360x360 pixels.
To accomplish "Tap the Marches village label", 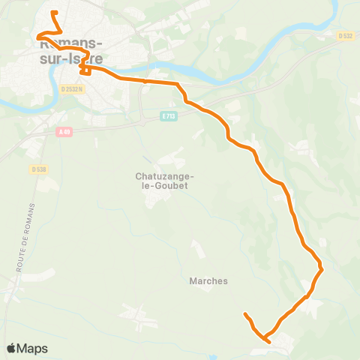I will pos(204,281).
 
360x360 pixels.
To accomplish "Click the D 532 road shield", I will pos(345,35).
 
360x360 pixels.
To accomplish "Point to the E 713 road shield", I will pos(167,116).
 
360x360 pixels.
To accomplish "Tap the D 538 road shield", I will pos(40,169).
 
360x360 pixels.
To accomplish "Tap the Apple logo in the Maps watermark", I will pos(11,348).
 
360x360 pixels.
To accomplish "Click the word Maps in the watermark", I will pos(32,348).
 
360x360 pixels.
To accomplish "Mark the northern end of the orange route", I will pos(52,13).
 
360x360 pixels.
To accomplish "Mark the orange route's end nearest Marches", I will pos(245,313).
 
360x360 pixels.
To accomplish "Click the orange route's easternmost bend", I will pos(321,267).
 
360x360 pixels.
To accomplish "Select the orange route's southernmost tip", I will pos(268,341).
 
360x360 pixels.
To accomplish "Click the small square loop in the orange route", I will pos(85,70).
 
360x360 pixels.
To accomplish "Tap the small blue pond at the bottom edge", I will pos(214,358).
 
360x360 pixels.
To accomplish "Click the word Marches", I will pos(204,281).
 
